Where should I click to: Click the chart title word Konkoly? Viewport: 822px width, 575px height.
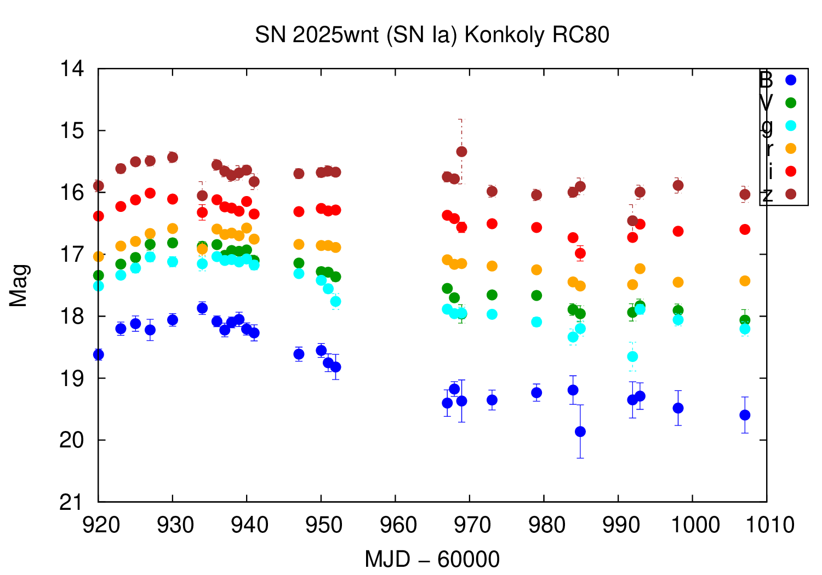coord(504,35)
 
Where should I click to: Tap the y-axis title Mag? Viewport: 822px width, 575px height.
coord(19,285)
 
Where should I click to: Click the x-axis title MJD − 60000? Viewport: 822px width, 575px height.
coord(432,560)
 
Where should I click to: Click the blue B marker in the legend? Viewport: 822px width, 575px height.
coord(790,80)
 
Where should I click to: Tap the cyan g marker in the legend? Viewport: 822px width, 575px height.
coord(790,125)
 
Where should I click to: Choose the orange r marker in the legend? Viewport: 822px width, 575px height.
coord(790,148)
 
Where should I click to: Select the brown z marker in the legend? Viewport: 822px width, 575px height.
coord(790,194)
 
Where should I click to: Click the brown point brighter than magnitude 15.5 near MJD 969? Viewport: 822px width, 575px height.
coord(461,151)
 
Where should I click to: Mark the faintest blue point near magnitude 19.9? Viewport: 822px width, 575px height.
coord(580,432)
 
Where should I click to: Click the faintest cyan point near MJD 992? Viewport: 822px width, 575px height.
coord(632,357)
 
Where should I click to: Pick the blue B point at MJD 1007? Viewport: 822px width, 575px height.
coord(745,415)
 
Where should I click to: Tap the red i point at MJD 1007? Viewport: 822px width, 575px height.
coord(745,229)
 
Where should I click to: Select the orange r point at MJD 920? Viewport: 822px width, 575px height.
coord(99,256)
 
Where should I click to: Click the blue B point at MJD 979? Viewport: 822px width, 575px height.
coord(536,393)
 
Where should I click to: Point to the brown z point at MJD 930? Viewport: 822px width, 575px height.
coord(173,157)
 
